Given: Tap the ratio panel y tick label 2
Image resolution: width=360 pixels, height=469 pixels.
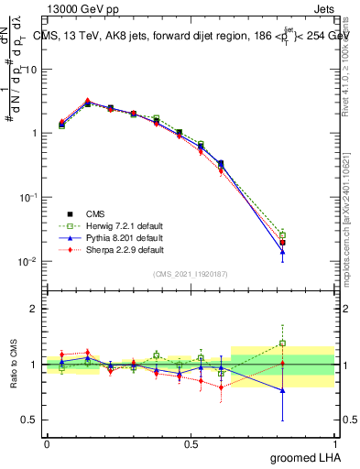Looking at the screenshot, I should pos(33,310).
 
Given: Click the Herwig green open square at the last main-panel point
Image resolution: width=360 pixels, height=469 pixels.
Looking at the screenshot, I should pos(282,235).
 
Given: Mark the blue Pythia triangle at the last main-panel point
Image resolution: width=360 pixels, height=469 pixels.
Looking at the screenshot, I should pos(282,251).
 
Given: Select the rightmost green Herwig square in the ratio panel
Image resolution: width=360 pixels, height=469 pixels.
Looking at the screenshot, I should pos(282,344).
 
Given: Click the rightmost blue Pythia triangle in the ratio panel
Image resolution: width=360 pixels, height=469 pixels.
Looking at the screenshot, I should pos(282,390).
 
